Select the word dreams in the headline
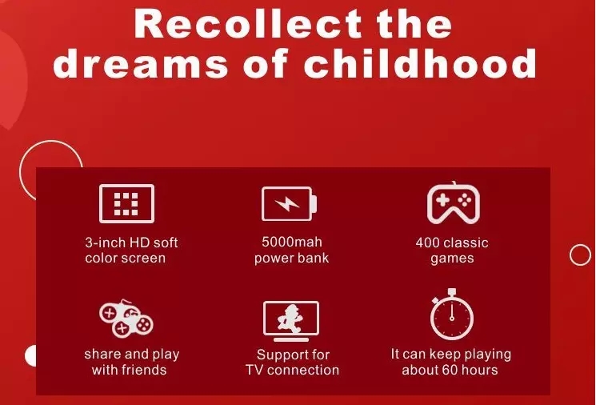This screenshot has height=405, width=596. [x=141, y=62]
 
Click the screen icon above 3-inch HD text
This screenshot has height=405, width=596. [x=126, y=203]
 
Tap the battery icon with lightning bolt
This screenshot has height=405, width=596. [x=290, y=204]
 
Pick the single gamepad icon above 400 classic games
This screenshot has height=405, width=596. [x=454, y=203]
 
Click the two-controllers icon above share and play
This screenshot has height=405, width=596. [x=126, y=318]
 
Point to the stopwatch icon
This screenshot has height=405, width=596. [x=452, y=314]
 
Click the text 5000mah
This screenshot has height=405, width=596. [x=292, y=242]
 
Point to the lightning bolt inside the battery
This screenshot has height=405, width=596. [x=287, y=204]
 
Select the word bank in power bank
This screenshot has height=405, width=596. [x=314, y=258]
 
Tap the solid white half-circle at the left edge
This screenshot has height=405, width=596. [x=31, y=356]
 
